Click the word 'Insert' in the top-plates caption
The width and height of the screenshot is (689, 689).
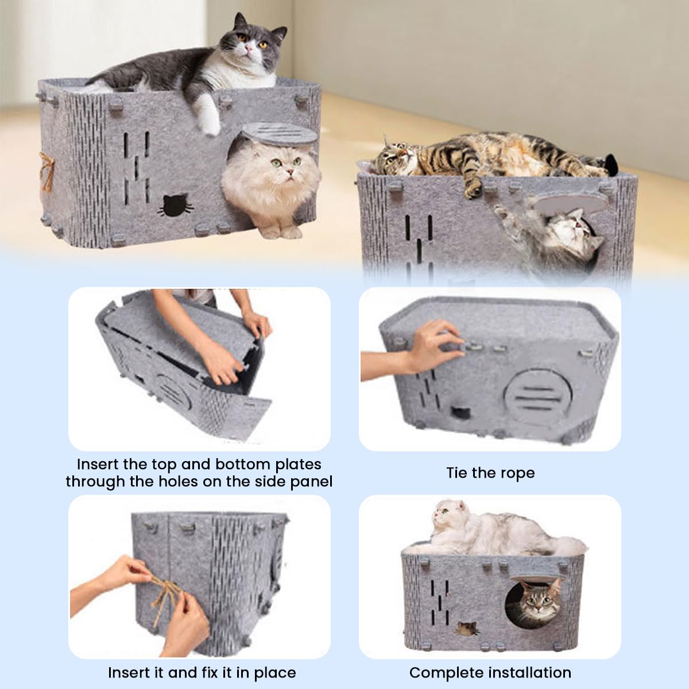(x=98, y=464)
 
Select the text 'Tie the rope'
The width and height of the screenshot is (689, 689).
(x=490, y=473)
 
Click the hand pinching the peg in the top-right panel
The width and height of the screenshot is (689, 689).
(x=436, y=344)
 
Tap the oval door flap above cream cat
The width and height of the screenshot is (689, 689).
(x=280, y=135)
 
